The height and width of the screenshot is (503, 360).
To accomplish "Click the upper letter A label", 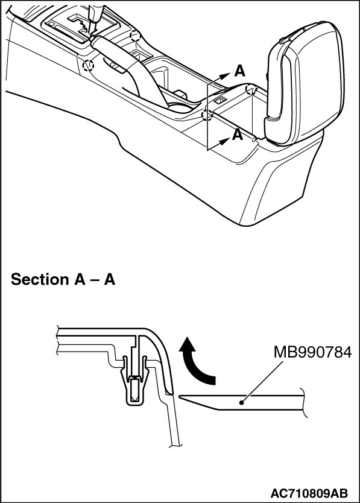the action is (239, 71).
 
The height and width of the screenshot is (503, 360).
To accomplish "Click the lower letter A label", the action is (238, 134).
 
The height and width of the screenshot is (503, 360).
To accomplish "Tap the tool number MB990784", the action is (312, 353).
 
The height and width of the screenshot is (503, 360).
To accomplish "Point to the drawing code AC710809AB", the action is (309, 493).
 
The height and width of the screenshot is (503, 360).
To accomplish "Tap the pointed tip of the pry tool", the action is (179, 396).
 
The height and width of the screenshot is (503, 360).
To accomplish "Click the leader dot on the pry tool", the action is (242, 402).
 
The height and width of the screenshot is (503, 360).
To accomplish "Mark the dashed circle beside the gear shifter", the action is (135, 36).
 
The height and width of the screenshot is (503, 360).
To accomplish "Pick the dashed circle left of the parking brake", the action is (88, 66).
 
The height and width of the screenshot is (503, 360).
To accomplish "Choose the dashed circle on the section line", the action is (207, 115).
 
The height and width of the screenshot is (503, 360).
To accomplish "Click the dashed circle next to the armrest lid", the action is (250, 89).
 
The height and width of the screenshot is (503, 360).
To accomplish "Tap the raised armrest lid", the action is (303, 83).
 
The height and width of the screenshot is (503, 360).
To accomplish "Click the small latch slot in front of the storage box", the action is (219, 100).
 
